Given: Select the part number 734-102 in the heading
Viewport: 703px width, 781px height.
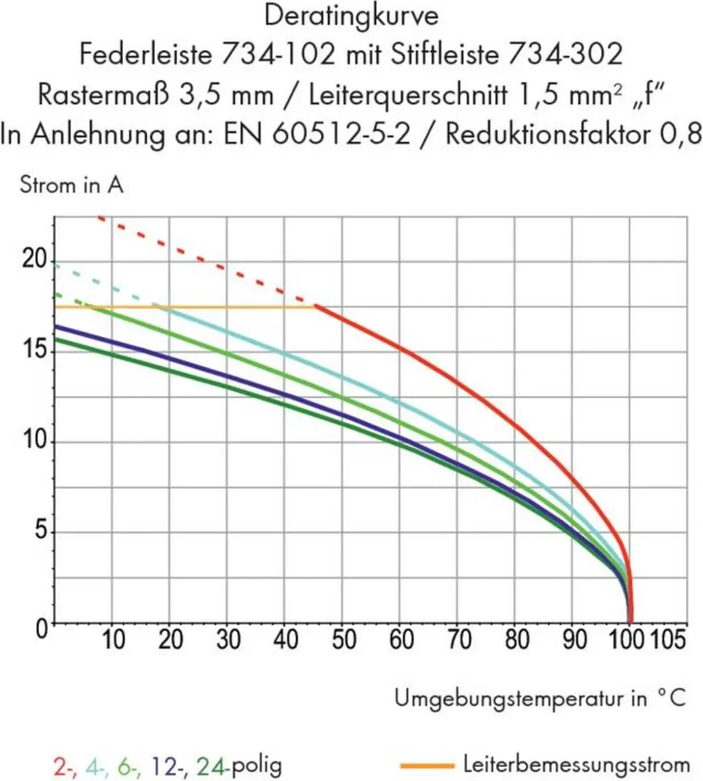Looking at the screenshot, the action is pos(278,54).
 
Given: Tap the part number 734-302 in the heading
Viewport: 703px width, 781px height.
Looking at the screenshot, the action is pos(566,54).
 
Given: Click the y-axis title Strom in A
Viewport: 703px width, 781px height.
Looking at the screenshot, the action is pos(72,185).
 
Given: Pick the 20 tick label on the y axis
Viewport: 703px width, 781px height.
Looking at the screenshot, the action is pos(34,258).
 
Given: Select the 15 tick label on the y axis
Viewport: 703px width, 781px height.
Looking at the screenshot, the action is pos(34,349).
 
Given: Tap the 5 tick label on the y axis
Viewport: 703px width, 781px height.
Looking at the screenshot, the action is pos(41,530).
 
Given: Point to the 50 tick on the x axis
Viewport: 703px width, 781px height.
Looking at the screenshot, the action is pos(344,640).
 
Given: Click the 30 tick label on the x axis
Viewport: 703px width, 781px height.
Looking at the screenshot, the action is pos(228,640).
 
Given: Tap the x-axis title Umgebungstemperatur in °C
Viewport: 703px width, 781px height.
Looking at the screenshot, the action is pos(540,699).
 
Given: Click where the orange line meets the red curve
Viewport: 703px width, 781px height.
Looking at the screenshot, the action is pos(314,307).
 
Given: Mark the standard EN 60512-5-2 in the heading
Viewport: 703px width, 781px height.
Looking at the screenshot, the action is pos(317,134).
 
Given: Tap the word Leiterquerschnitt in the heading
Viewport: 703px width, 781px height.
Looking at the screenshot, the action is pos(408,96).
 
